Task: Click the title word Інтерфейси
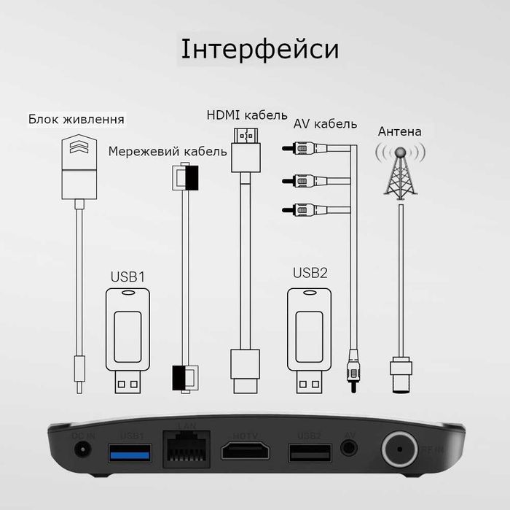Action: click(259, 50)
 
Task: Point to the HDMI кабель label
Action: click(247, 115)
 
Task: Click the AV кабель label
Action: click(325, 123)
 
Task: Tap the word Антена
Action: click(399, 132)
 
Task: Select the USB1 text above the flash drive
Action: click(128, 277)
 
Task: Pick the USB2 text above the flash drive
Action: click(310, 273)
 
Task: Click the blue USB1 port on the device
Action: click(130, 453)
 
